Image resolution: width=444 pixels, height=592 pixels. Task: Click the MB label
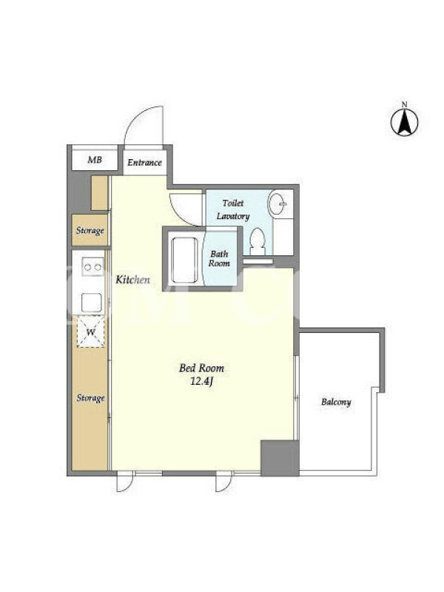tap(95, 160)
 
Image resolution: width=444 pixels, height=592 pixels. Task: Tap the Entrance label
tap(144, 163)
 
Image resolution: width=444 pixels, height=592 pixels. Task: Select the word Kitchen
tap(132, 280)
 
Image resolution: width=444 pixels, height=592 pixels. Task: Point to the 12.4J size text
tap(202, 381)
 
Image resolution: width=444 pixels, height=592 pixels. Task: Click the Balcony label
tap(336, 402)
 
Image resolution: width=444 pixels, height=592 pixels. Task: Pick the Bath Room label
tap(219, 258)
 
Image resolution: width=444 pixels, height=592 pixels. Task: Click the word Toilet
tap(233, 203)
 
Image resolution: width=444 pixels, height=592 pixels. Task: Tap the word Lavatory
tap(233, 216)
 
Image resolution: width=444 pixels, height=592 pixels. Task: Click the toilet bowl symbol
tap(258, 241)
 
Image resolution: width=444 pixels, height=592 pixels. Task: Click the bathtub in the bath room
tap(184, 260)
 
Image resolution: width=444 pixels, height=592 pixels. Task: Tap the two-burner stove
tap(93, 266)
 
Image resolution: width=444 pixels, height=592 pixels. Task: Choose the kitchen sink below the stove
tap(91, 303)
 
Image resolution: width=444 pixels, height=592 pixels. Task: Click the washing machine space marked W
tap(90, 332)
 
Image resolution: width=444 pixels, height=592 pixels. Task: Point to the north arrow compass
tap(404, 122)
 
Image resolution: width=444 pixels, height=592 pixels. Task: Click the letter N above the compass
tap(404, 104)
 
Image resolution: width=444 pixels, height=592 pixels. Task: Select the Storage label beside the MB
tap(90, 230)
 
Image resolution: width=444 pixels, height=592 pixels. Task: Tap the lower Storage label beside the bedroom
tap(90, 398)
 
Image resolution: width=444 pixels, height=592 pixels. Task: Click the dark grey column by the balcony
tap(280, 458)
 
